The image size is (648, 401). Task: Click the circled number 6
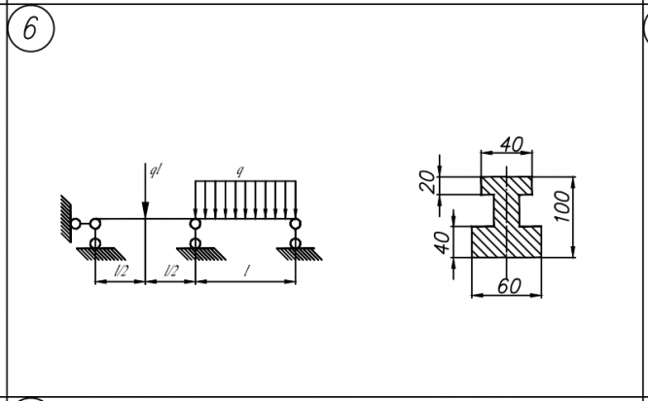(x=29, y=29)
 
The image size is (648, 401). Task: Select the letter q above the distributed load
(x=240, y=171)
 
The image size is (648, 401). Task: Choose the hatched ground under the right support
(x=295, y=252)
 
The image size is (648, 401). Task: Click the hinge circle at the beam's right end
(x=295, y=224)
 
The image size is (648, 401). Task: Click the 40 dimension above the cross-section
(x=511, y=145)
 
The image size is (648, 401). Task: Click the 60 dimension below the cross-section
(x=508, y=286)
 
